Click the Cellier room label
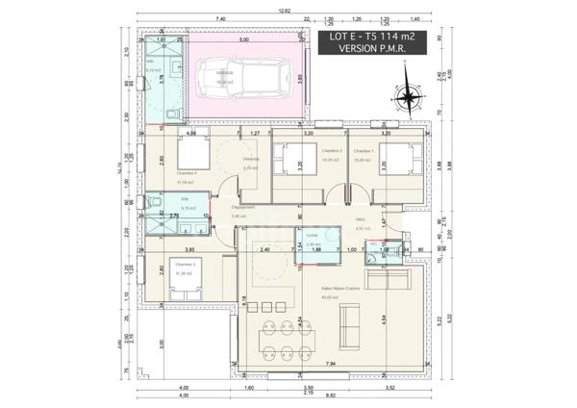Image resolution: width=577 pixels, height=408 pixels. click(x=312, y=235)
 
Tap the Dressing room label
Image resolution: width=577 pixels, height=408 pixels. click(x=251, y=159)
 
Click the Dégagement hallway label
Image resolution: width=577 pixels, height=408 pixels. click(x=242, y=207)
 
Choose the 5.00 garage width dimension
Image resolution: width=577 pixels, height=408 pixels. click(x=244, y=40)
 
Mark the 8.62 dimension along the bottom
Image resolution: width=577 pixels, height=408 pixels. click(x=331, y=395)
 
